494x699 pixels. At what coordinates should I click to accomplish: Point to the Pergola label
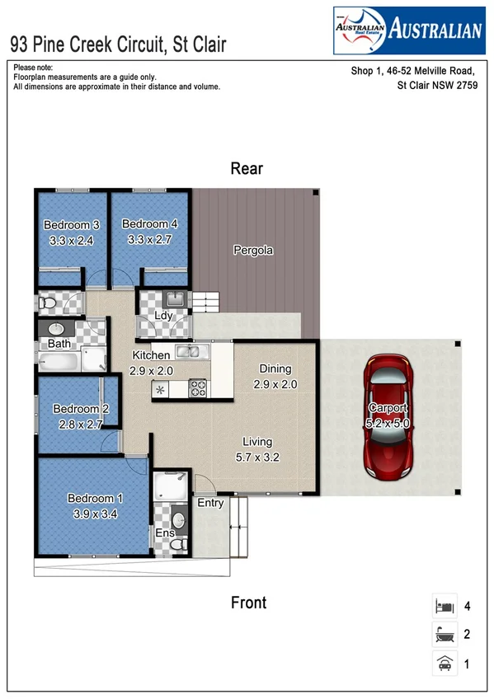click(252, 251)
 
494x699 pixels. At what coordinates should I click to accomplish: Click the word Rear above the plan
click(247, 169)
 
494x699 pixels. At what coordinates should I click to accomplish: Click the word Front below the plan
click(248, 603)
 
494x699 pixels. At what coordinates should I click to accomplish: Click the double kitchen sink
click(192, 353)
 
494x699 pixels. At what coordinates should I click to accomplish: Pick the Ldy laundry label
click(163, 317)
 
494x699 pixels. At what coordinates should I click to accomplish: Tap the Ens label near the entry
click(164, 534)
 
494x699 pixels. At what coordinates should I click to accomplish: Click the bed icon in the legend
click(445, 607)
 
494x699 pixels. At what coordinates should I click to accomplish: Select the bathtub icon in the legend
click(445, 635)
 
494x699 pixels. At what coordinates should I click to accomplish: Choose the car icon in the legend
click(445, 663)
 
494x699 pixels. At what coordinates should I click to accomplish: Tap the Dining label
click(275, 369)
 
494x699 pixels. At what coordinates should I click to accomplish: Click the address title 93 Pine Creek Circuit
click(117, 44)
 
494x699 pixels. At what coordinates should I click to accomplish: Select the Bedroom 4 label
click(149, 224)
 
